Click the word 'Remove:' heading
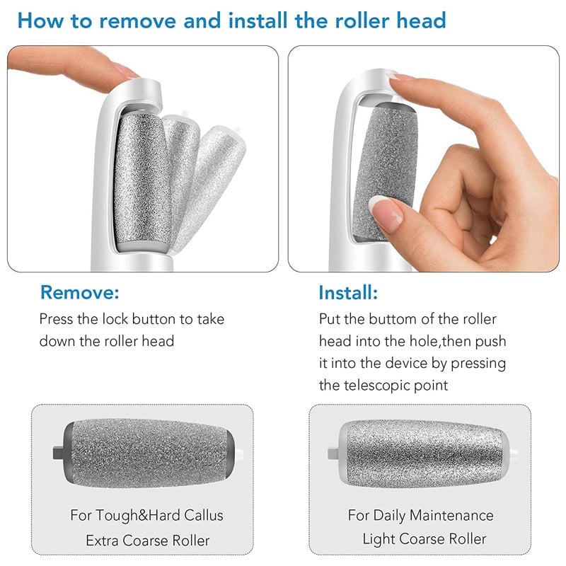click(80, 292)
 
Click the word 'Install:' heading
click(348, 292)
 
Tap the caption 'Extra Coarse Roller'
click(149, 541)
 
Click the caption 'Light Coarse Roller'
click(424, 539)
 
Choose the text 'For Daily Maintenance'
click(421, 514)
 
